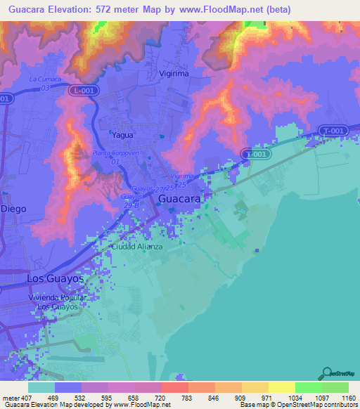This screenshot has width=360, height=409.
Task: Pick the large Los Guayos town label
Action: [x=55, y=279]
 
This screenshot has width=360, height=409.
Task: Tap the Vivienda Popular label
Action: [x=57, y=298]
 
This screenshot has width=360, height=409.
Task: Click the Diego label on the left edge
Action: [x=13, y=209]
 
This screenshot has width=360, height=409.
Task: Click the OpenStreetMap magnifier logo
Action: [x=328, y=372]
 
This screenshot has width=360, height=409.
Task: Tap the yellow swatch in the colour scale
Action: [x=281, y=387]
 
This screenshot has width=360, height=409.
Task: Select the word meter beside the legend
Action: [x=8, y=397]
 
